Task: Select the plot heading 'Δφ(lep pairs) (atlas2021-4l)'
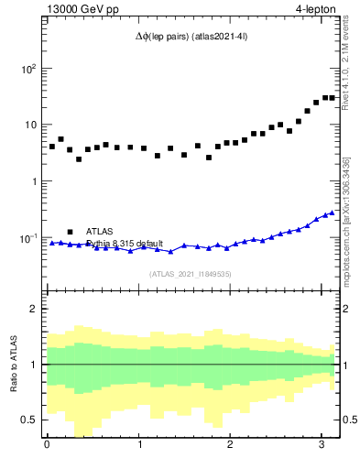[191, 37]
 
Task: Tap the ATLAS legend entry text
[100, 232]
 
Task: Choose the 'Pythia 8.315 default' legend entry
[125, 244]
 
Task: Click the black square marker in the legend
[70, 232]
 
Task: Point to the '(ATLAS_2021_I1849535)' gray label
[191, 273]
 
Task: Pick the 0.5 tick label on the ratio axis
[27, 420]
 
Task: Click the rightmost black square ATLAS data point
[332, 97]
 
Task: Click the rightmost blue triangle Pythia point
[332, 213]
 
